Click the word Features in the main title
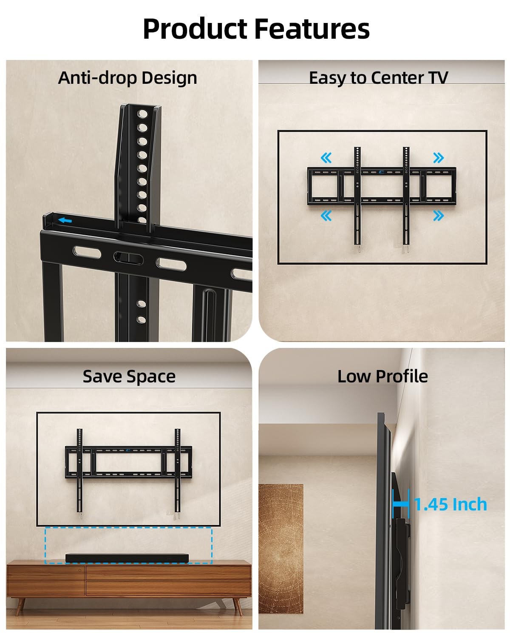click(x=312, y=29)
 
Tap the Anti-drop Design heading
click(x=127, y=78)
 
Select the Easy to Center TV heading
click(x=378, y=78)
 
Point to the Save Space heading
click(x=129, y=376)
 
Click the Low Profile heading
click(x=382, y=376)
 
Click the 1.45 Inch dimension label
click(x=451, y=504)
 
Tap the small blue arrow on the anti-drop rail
click(x=65, y=220)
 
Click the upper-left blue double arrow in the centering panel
click(x=326, y=158)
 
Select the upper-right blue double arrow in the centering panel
click(x=438, y=158)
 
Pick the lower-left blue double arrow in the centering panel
click(x=326, y=216)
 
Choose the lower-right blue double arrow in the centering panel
click(x=438, y=216)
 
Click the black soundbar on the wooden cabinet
click(x=128, y=558)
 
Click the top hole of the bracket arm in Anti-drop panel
click(x=142, y=114)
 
